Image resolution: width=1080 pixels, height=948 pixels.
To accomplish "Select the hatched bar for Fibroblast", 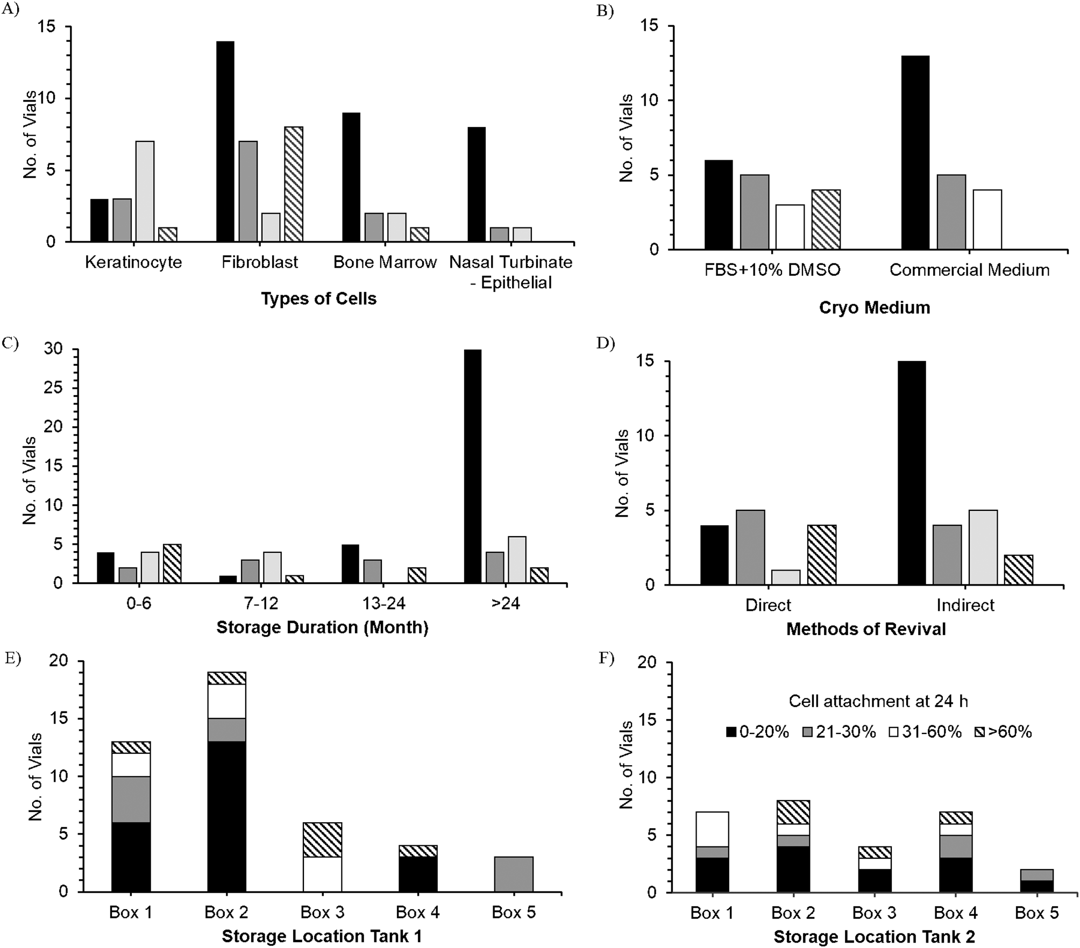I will point(294,184).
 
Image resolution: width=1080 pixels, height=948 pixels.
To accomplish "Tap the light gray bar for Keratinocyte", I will point(145,191).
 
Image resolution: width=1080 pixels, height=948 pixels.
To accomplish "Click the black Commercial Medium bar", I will point(915,153).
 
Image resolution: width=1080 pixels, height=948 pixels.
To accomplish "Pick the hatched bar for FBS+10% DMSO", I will point(826,219).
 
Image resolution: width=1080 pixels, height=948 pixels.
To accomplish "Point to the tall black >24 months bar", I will point(472,466).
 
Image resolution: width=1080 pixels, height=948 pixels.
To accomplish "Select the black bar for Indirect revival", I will point(912,473).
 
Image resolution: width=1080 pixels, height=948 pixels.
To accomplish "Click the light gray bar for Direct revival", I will point(786,577).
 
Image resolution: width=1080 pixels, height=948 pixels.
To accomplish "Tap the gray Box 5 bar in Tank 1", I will point(514,874).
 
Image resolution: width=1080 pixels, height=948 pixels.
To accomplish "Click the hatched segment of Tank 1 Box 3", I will point(322,840).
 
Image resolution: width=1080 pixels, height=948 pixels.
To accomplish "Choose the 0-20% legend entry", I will point(757,732).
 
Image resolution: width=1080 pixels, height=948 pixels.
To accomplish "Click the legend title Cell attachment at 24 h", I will point(878,701).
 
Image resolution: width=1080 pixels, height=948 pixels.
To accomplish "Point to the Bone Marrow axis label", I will point(385,262).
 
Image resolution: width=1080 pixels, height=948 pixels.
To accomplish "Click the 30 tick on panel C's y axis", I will point(52,349).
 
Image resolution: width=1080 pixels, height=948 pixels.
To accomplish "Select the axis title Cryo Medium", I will point(875,308).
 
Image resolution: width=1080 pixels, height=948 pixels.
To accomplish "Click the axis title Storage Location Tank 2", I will point(874,937).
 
